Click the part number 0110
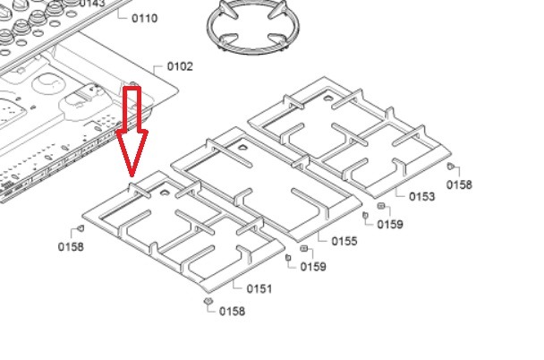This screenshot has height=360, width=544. [144, 18]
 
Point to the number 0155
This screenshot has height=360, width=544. [344, 241]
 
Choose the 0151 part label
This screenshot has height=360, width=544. [259, 288]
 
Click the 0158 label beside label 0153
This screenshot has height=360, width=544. [458, 184]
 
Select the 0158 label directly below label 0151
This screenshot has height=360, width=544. [232, 312]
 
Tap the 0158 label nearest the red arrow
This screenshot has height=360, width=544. [71, 246]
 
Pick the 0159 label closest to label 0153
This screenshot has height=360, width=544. [390, 224]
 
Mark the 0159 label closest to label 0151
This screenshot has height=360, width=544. [312, 267]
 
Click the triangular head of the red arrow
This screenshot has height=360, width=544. [132, 152]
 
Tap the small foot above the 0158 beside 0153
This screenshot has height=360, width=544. [450, 167]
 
